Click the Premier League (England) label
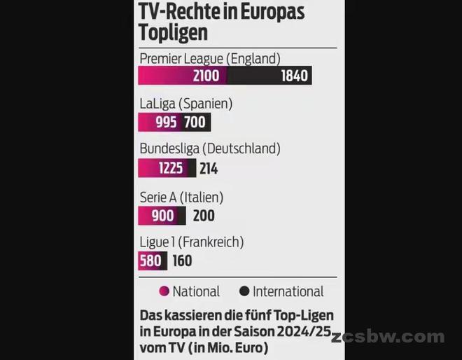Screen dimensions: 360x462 click(209, 59)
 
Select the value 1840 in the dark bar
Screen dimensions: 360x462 click(294, 76)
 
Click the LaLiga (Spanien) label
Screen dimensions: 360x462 click(185, 104)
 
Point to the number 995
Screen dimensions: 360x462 click(165, 123)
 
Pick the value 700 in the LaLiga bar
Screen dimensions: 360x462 click(194, 123)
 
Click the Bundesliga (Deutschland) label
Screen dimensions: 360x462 click(209, 149)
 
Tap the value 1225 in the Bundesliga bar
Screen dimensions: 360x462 click(170, 168)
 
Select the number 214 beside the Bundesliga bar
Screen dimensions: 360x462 click(208, 168)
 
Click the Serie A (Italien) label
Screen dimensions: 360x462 click(181, 198)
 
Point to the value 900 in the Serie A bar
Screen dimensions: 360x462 click(162, 216)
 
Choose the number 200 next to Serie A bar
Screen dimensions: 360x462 click(204, 216)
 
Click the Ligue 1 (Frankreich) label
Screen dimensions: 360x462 click(191, 243)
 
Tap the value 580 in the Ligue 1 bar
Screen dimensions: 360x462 click(150, 261)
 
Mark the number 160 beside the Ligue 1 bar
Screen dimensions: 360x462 click(182, 261)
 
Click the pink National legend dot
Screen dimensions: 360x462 click(164, 291)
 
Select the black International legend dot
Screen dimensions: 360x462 click(244, 291)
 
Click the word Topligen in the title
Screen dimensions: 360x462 click(173, 33)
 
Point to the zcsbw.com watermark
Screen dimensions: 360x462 click(388, 337)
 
